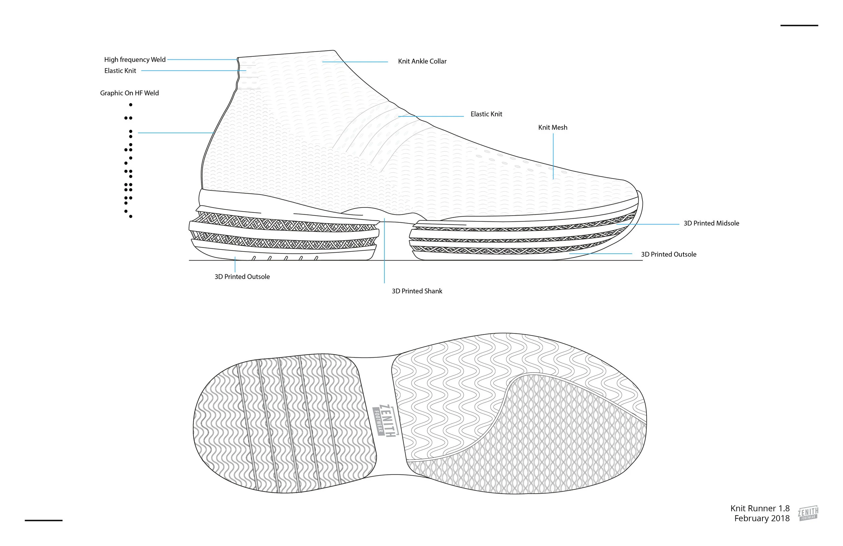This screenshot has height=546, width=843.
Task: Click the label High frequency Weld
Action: pyautogui.click(x=135, y=60)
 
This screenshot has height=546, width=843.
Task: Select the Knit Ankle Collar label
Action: pyautogui.click(x=422, y=61)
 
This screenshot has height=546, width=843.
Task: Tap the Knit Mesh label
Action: pyautogui.click(x=552, y=127)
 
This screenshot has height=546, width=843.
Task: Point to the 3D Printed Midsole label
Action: pyautogui.click(x=711, y=223)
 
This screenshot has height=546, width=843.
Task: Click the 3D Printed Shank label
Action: pyautogui.click(x=416, y=291)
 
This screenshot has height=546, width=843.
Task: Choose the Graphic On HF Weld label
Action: pyautogui.click(x=129, y=93)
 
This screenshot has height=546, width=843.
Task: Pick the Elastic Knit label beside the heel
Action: pyautogui.click(x=120, y=71)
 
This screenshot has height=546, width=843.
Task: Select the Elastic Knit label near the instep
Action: pyautogui.click(x=486, y=114)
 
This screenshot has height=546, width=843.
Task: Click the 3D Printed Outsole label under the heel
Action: pyautogui.click(x=242, y=277)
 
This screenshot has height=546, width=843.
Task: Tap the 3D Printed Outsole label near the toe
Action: pyautogui.click(x=668, y=254)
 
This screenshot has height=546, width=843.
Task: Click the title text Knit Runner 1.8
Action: pyautogui.click(x=760, y=509)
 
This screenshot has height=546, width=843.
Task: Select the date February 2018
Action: pyautogui.click(x=761, y=518)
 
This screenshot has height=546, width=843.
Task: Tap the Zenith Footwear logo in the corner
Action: pyautogui.click(x=808, y=513)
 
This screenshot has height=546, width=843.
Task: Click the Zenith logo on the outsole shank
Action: pyautogui.click(x=386, y=420)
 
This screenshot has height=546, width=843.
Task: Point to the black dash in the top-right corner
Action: pyautogui.click(x=799, y=26)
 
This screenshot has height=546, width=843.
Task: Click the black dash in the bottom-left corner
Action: pyautogui.click(x=43, y=520)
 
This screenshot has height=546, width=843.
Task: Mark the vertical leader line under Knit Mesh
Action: pyautogui.click(x=553, y=156)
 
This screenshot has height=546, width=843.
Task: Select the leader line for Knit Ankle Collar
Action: pyautogui.click(x=355, y=62)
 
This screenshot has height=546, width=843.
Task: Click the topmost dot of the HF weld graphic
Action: pyautogui.click(x=131, y=105)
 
